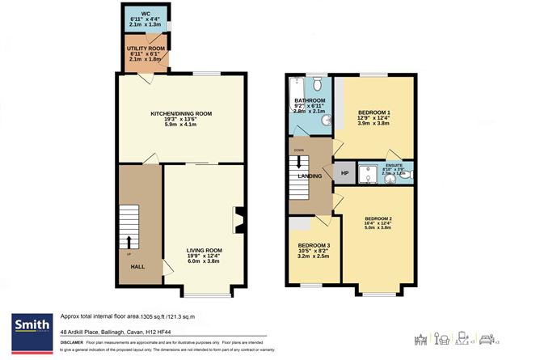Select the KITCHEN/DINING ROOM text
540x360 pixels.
[180, 113]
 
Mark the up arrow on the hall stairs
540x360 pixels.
[128, 243]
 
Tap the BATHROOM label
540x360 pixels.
[309, 100]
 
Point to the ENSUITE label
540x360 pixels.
[393, 163]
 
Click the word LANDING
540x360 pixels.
[310, 176]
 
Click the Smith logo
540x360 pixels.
[30, 326]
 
